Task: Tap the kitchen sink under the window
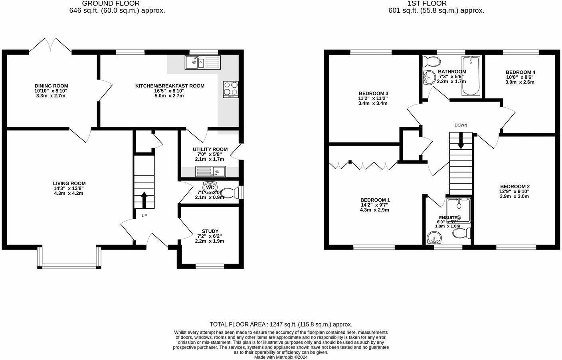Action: [202, 63]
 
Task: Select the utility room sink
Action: [211, 172]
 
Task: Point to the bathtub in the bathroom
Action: [471, 76]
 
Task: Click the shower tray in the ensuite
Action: [459, 210]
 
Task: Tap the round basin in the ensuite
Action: [433, 239]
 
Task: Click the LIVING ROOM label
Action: [69, 183]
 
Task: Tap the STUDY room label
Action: [210, 231]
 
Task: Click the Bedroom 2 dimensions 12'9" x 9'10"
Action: [515, 191]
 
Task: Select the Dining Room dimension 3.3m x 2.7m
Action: [51, 96]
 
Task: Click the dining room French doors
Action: [50, 45]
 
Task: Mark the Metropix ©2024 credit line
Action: [281, 357]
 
